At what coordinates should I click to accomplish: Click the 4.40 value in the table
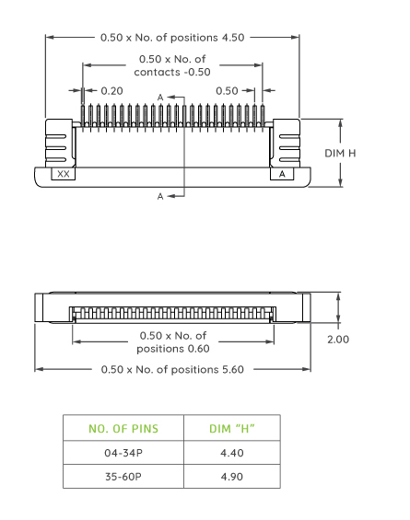231,453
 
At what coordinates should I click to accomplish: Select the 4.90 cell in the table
231,477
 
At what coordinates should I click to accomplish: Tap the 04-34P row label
123,453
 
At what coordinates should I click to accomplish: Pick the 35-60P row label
123,477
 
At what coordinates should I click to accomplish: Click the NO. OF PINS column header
123,429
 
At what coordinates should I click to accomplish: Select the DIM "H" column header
231,429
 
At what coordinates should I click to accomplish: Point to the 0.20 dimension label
111,91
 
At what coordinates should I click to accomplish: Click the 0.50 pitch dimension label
227,91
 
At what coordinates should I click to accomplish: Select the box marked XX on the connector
63,173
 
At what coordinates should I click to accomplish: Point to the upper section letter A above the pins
160,97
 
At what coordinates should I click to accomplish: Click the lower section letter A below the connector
160,196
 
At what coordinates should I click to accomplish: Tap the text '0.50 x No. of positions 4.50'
172,38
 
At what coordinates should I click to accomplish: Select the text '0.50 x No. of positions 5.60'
172,369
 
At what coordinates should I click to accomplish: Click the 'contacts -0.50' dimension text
172,72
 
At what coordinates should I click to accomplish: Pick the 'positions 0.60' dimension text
172,348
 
